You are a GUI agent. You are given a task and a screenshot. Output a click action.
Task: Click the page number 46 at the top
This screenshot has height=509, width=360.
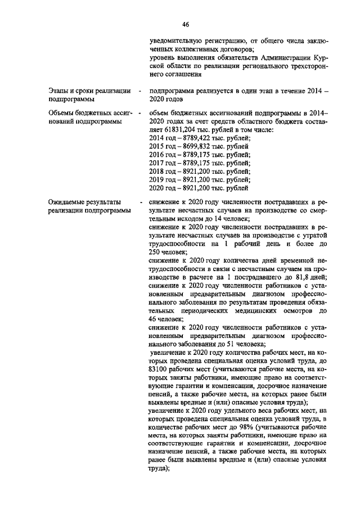coord(186,24)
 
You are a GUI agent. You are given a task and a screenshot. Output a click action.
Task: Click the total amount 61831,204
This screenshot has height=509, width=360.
coord(170,129)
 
